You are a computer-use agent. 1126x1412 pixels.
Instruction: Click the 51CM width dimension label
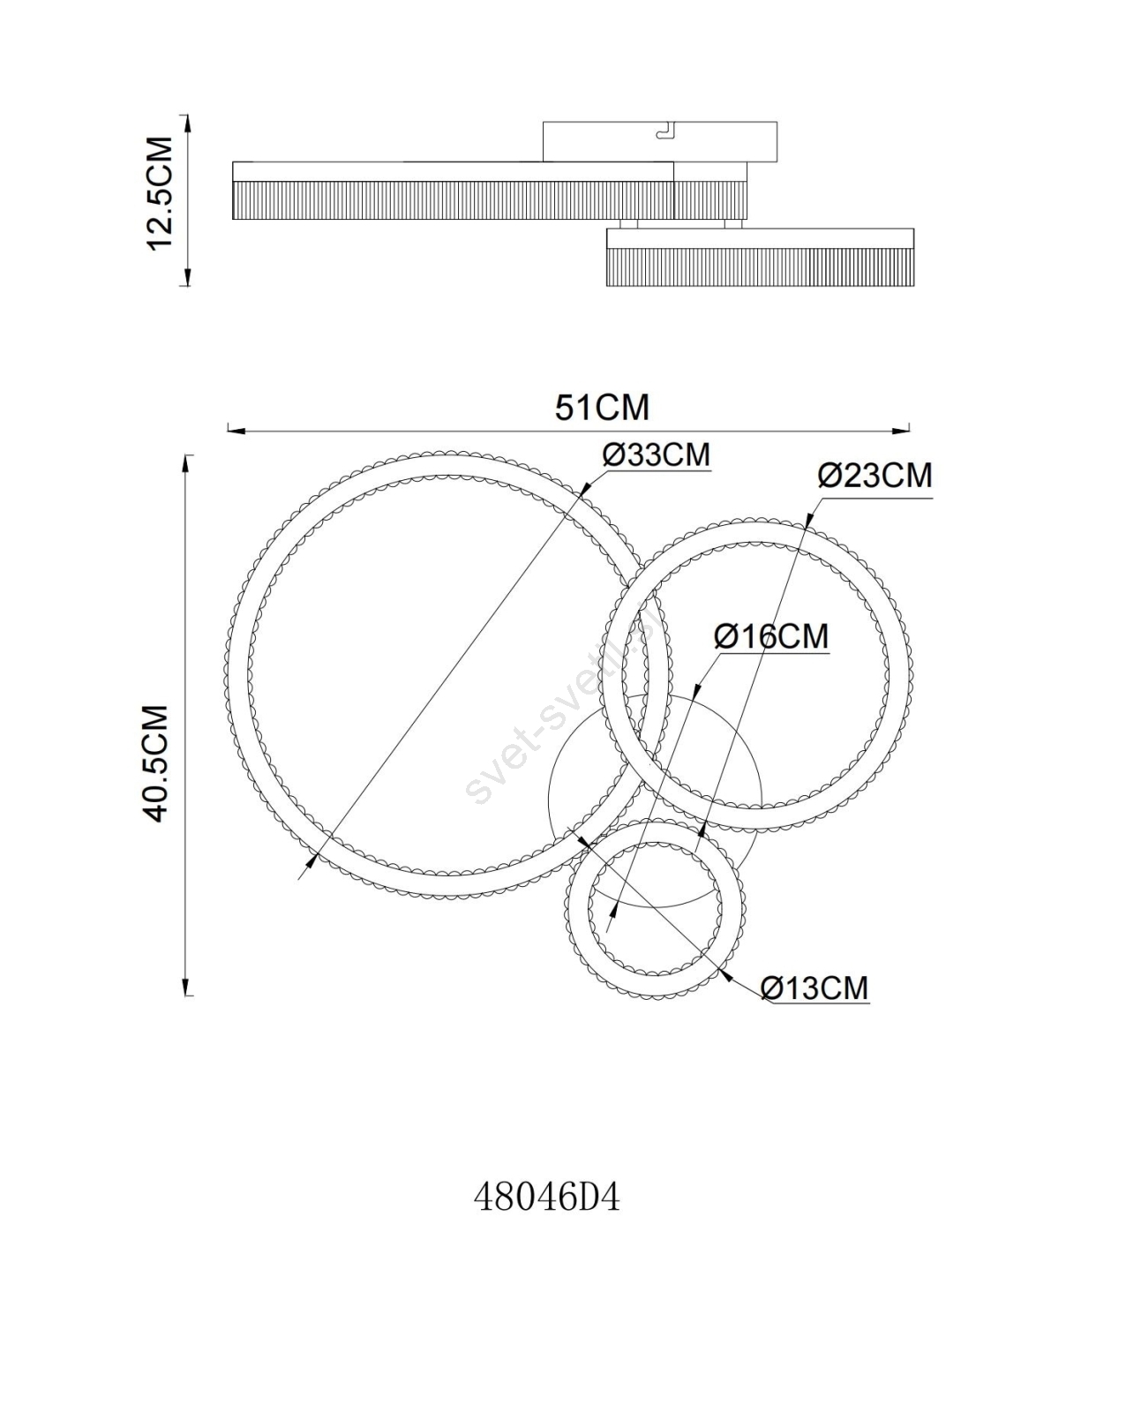(x=602, y=408)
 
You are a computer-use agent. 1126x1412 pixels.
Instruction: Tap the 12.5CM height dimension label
(x=160, y=193)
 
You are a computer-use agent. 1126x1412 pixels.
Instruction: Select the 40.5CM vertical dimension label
(x=157, y=763)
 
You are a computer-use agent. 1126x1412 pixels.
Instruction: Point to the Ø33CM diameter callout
(x=657, y=454)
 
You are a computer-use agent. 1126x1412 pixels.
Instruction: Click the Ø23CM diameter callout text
(x=875, y=475)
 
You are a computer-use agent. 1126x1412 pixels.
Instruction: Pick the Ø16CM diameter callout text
(x=771, y=636)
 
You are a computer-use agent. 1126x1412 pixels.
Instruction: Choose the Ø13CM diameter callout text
(x=814, y=1007)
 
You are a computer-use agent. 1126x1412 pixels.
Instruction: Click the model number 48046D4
(x=546, y=1198)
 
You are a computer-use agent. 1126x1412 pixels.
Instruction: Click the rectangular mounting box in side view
(x=660, y=142)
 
